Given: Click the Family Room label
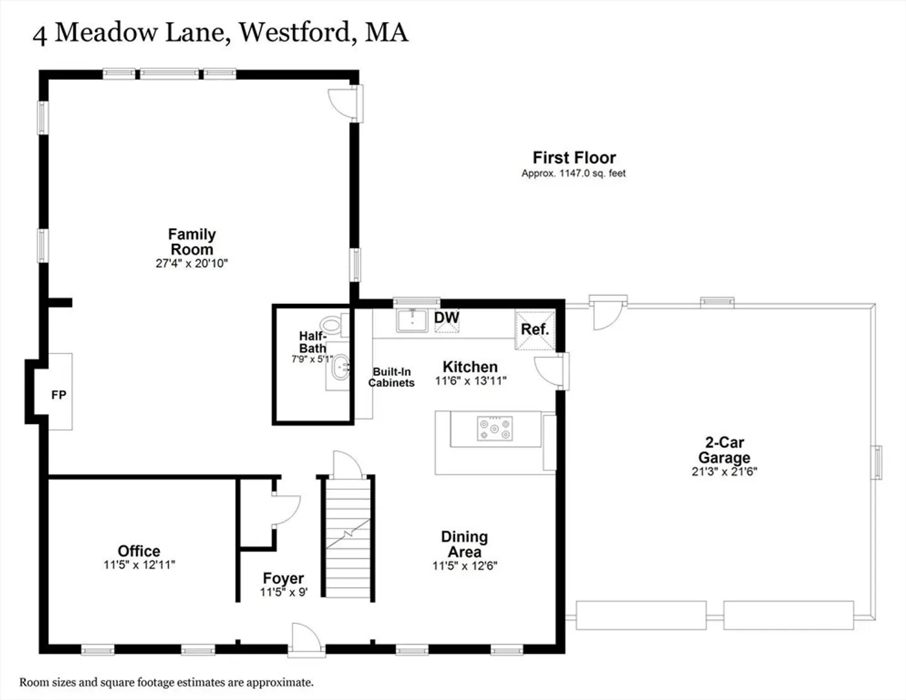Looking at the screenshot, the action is click(192, 242).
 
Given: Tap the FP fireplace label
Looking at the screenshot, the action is click(59, 395).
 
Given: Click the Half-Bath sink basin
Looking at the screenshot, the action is click(340, 367).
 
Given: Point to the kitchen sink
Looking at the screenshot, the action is click(412, 321).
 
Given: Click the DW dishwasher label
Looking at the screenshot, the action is click(447, 318).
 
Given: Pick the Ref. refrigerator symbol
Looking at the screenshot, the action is click(535, 330).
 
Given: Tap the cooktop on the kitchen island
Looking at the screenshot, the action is click(495, 428).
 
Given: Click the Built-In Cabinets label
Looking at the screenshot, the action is click(391, 377).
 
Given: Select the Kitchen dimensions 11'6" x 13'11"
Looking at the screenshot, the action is click(470, 380).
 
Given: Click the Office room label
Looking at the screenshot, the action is click(139, 551).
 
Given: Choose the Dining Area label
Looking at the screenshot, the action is click(465, 544).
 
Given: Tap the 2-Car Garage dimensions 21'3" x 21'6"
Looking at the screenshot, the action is click(724, 472).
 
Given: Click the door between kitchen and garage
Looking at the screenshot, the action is click(550, 371).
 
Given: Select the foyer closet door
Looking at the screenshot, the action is click(286, 509).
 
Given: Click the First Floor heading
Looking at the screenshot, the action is click(574, 157).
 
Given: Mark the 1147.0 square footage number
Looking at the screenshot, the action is click(574, 173).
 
